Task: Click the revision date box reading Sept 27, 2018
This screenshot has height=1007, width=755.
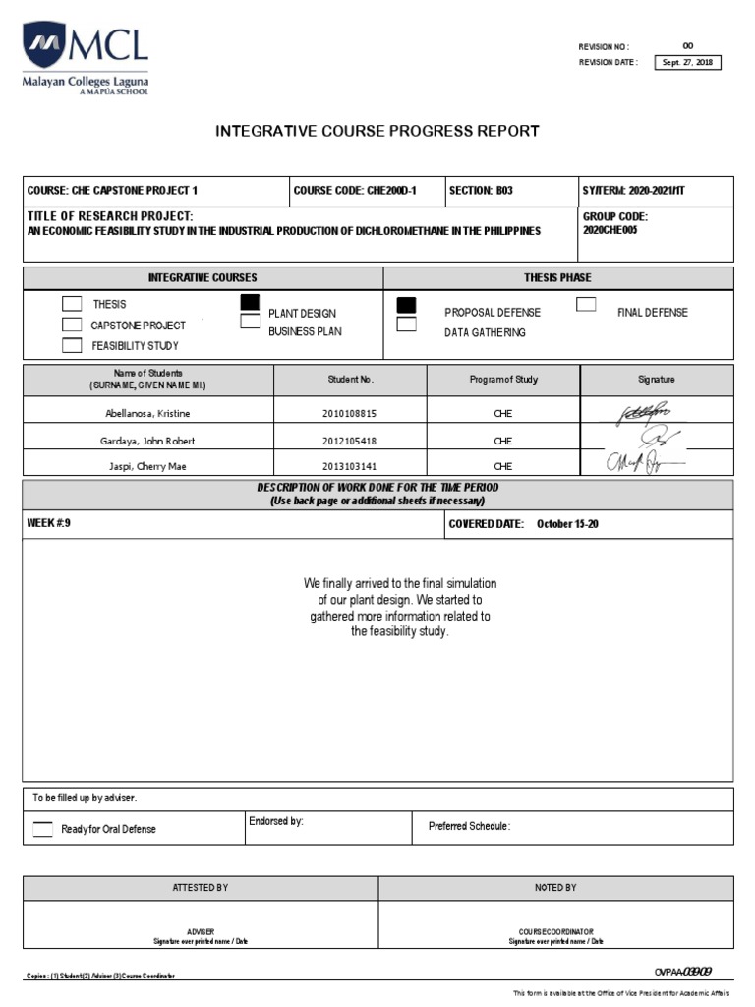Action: pos(688,63)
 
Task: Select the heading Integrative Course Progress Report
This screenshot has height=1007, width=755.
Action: pos(377,131)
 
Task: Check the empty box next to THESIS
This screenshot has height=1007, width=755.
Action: pos(72,304)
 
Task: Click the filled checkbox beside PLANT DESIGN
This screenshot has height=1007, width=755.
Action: pos(250,302)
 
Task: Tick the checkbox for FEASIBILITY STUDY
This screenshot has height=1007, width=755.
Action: pos(72,345)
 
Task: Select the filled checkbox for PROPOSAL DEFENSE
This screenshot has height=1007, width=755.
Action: pos(406,305)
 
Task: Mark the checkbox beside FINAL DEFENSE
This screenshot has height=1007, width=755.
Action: pos(586,304)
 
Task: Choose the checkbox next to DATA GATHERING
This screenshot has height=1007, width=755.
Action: pos(406,325)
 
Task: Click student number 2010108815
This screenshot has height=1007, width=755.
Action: pos(349,414)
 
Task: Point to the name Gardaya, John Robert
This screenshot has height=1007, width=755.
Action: pos(148,441)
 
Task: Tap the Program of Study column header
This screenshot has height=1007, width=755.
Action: pos(503,379)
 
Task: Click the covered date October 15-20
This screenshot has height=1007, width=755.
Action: pos(567,524)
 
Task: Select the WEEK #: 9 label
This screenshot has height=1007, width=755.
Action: pos(49,524)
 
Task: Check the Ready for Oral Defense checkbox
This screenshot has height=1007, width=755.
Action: pos(43,829)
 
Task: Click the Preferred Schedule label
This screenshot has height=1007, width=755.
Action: pos(470,826)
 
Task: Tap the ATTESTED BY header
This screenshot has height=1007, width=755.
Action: pos(201,887)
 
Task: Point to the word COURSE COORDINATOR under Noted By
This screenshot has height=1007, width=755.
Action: pos(555,931)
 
